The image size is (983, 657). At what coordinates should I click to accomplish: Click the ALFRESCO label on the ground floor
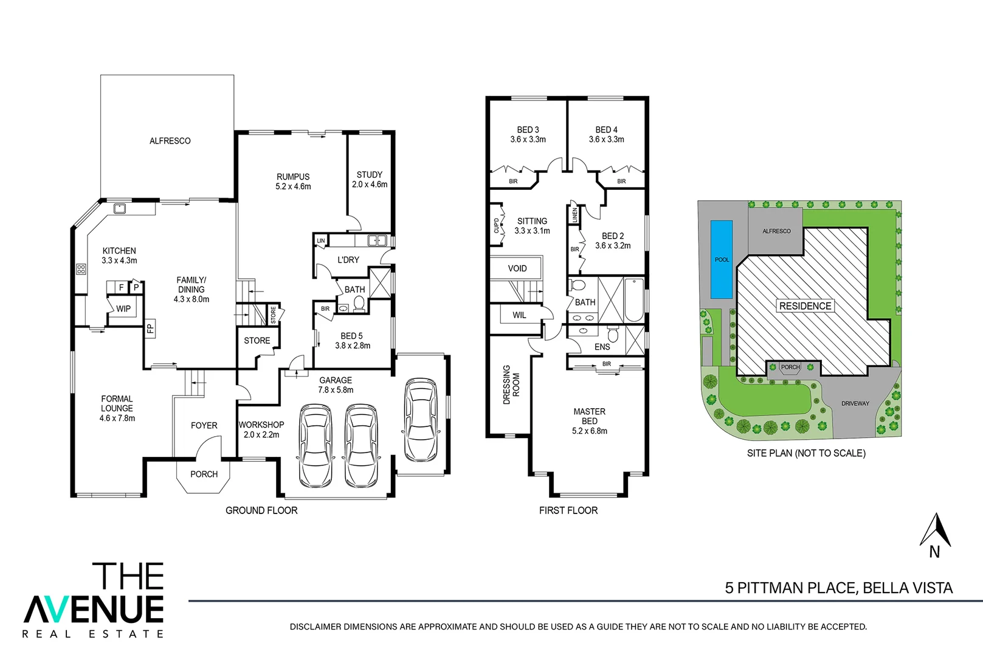[x=170, y=141]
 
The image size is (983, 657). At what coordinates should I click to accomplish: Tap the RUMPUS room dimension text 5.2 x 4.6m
[x=293, y=187]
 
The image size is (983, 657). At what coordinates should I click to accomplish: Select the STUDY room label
[x=369, y=175]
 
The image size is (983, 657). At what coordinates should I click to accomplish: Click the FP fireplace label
[x=150, y=328]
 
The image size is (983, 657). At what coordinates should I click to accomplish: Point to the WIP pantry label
[x=123, y=309]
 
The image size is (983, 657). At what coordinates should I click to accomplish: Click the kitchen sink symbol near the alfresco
[x=120, y=209]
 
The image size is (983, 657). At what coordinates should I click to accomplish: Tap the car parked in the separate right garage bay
[x=420, y=420]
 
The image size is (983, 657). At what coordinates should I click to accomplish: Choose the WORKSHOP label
[x=261, y=425]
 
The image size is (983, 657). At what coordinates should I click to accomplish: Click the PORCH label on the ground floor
[x=204, y=474]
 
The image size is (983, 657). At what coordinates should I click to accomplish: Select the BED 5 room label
[x=351, y=336]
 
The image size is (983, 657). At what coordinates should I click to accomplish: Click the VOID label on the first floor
[x=517, y=268]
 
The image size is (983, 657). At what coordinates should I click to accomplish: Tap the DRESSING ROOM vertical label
[x=511, y=384]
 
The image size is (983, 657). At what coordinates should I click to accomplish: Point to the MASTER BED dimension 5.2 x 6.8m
[x=589, y=431]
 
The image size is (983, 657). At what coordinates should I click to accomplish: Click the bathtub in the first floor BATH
[x=634, y=299]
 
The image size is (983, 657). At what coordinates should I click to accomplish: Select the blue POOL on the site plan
[x=722, y=260]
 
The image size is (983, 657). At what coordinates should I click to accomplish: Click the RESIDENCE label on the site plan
[x=805, y=306]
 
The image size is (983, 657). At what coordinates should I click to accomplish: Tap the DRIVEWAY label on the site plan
[x=855, y=403]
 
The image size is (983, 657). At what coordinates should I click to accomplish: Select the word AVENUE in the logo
[x=94, y=609]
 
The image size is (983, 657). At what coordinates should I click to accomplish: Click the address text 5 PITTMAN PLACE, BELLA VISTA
[x=838, y=588]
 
